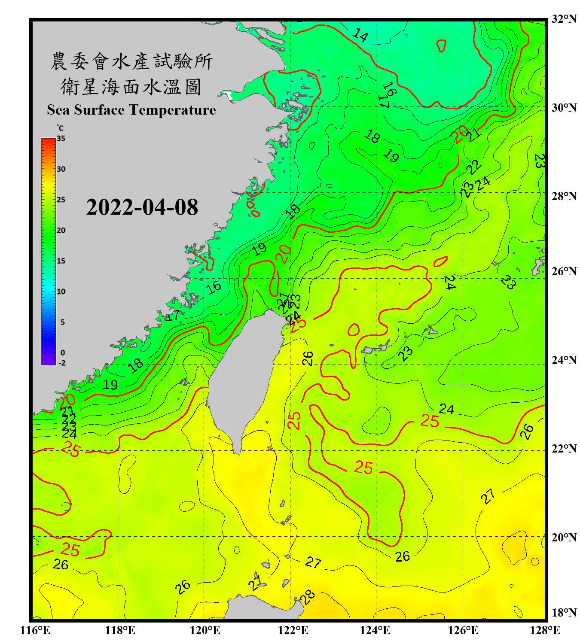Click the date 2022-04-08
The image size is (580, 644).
pos(142,207)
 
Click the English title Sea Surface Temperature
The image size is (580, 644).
pos(131,110)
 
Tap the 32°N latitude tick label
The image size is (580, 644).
pos(564,19)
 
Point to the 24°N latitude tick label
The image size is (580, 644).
pos(564,360)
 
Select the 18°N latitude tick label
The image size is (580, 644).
pos(564,613)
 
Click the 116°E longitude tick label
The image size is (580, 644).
pos(35,630)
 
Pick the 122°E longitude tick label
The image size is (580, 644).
pos(293,630)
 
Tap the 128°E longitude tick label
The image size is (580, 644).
pos(545,630)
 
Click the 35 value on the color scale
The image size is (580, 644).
pos(61,139)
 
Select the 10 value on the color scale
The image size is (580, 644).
pos(61,292)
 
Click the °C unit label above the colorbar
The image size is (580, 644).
pos(60,128)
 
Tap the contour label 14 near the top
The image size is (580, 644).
pos(360,35)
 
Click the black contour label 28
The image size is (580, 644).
pos(307,597)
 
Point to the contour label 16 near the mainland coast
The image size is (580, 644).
pos(214,287)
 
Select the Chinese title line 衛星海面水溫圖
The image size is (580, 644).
pos(131,87)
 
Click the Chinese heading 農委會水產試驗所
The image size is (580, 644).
pos(131,61)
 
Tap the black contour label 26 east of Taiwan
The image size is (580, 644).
pos(308,358)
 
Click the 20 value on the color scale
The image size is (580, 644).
pos(61,231)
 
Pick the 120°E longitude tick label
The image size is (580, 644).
pos(205,630)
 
